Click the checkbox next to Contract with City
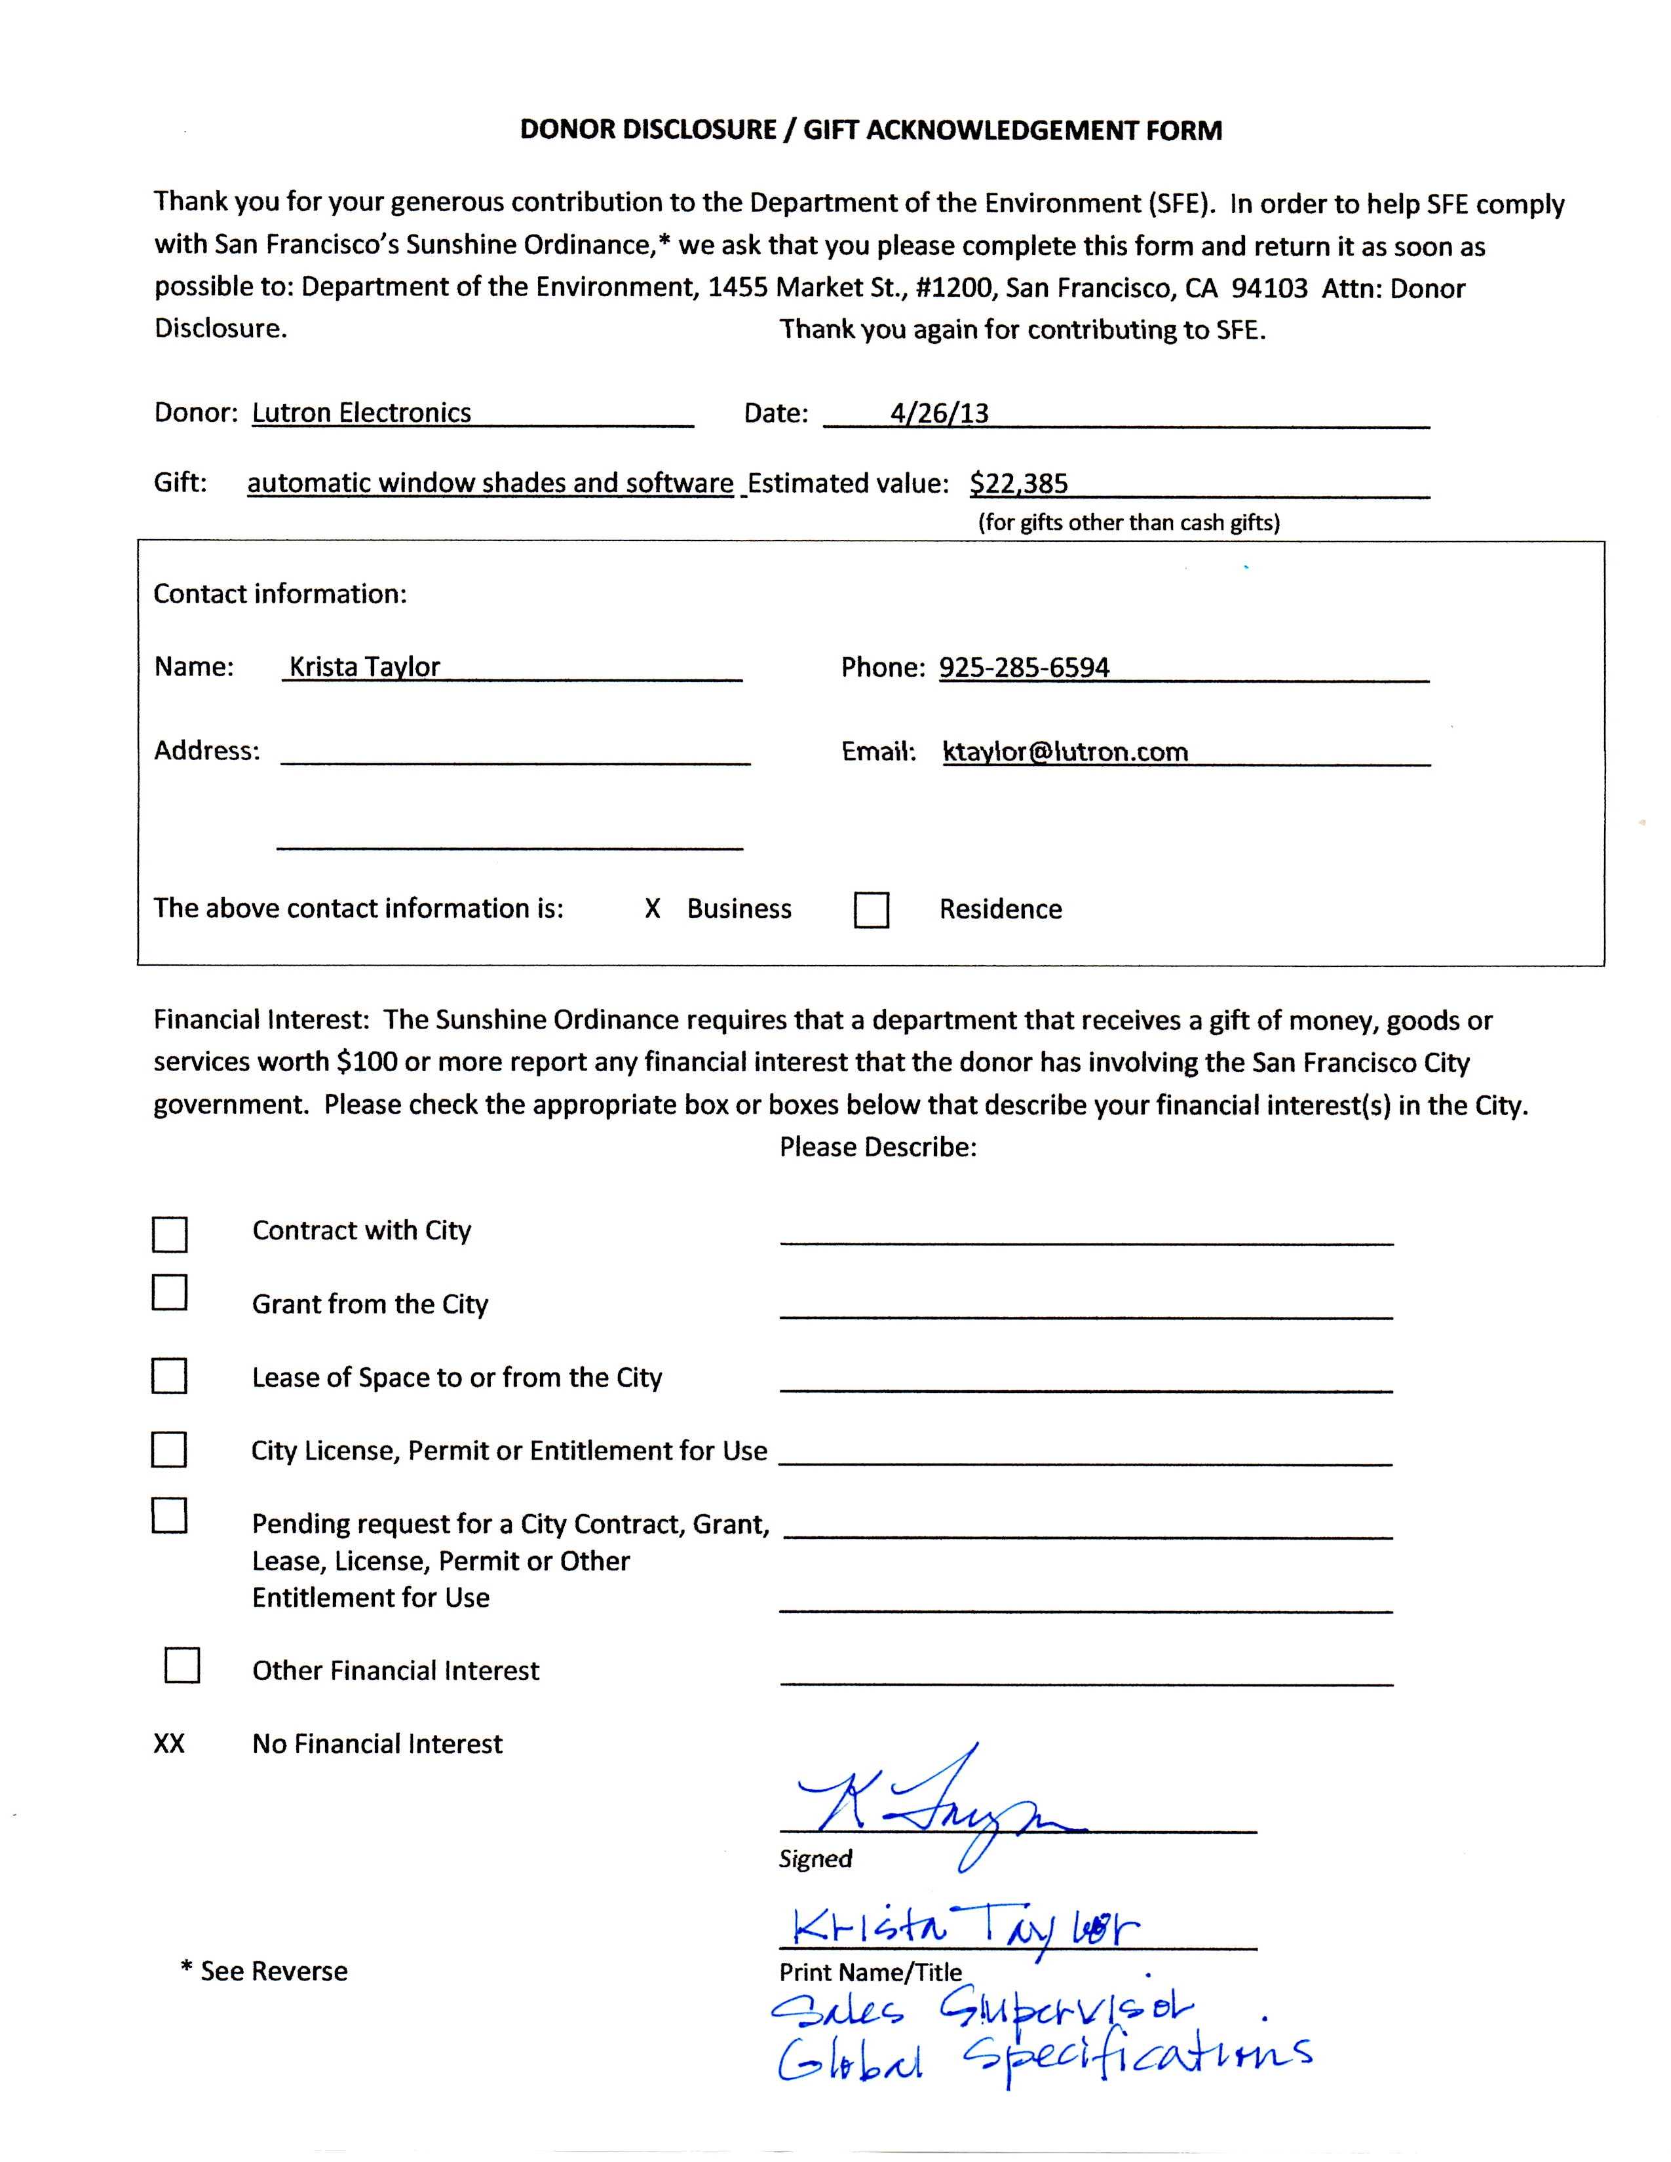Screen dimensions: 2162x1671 (x=169, y=1234)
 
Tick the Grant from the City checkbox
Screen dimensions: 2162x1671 (x=169, y=1293)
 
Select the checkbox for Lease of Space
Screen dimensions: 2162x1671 (x=169, y=1376)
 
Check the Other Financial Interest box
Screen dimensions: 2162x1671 (x=182, y=1665)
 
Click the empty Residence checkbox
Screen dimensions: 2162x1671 (x=871, y=910)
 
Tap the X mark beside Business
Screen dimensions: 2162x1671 (x=653, y=909)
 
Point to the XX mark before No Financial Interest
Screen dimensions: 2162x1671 (x=169, y=1743)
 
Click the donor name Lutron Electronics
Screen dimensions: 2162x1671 (x=361, y=413)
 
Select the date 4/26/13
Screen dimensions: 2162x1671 (x=938, y=413)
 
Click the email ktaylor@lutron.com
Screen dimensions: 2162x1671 (x=1065, y=751)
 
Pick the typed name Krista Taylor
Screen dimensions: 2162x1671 (x=364, y=667)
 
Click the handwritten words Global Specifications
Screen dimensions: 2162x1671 (x=1045, y=2060)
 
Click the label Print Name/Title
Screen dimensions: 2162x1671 (x=870, y=1972)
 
